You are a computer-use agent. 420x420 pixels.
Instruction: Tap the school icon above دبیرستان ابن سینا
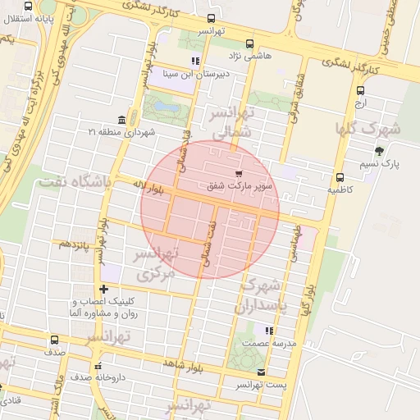point(194,61)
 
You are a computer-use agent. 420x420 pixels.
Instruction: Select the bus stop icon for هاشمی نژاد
point(249,44)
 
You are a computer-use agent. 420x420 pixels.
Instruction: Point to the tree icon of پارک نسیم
point(379,151)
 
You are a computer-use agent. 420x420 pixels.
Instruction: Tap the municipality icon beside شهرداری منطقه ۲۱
point(121,120)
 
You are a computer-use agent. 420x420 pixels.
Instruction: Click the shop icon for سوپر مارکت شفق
point(239,173)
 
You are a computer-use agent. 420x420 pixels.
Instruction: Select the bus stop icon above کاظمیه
point(340,177)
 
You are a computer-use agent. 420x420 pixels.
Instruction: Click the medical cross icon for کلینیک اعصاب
point(103,289)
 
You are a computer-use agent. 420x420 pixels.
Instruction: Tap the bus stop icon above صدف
point(54,340)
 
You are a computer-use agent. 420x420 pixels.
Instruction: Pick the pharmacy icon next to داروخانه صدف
point(98,367)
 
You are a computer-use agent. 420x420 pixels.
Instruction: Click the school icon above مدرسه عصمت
point(268,330)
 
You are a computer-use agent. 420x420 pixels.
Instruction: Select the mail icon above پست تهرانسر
point(261,372)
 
